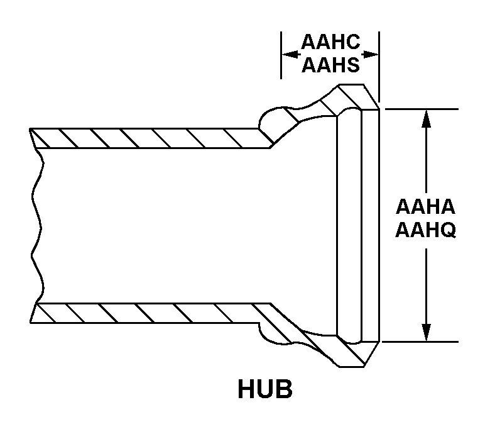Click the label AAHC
[x=330, y=43]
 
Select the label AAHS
[x=330, y=64]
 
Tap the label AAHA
[x=425, y=207]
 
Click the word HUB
[x=265, y=389]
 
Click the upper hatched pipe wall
[x=151, y=138]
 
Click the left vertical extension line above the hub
[x=280, y=57]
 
